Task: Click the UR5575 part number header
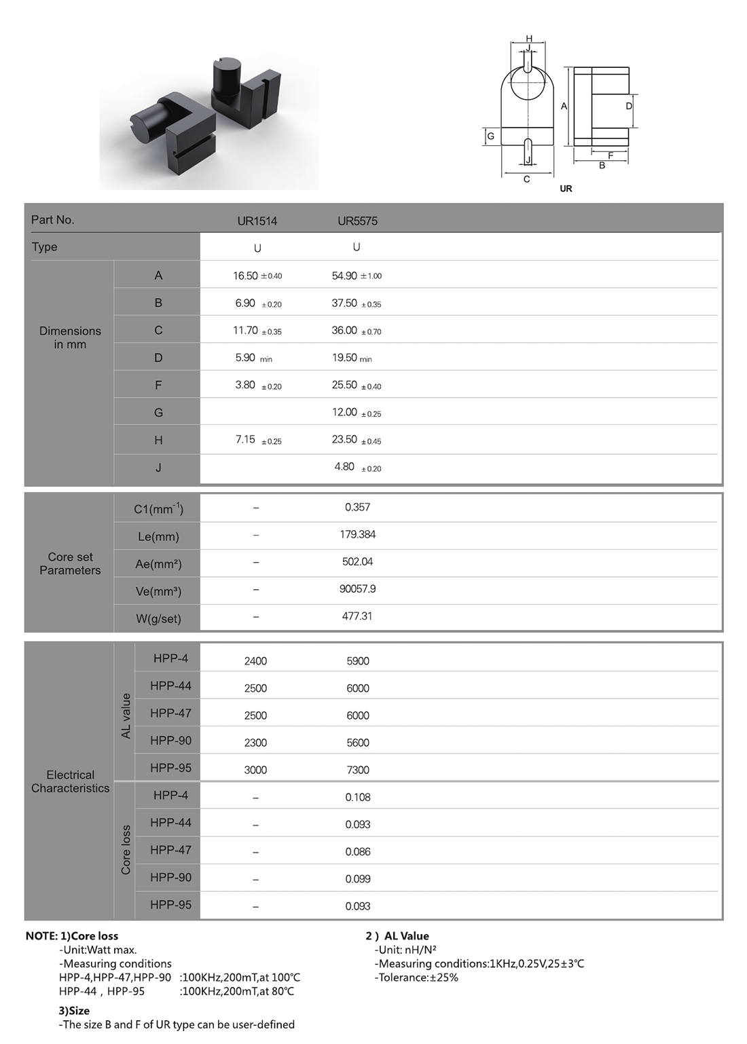click(357, 221)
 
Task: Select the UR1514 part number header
click(257, 221)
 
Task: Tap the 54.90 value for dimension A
click(344, 276)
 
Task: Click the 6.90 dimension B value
click(245, 303)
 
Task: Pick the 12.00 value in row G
click(344, 413)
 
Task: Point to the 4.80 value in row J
click(344, 467)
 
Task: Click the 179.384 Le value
click(357, 535)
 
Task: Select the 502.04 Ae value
click(357, 562)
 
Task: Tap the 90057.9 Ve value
click(357, 589)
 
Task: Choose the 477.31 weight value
click(357, 616)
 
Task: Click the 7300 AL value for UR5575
click(357, 770)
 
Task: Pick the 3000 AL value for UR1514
click(255, 770)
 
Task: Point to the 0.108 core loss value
click(357, 798)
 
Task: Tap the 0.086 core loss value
click(357, 852)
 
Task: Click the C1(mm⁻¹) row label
click(158, 508)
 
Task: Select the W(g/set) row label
click(158, 618)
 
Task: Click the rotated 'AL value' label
click(126, 715)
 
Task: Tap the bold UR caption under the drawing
click(566, 189)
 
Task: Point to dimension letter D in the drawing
click(629, 106)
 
